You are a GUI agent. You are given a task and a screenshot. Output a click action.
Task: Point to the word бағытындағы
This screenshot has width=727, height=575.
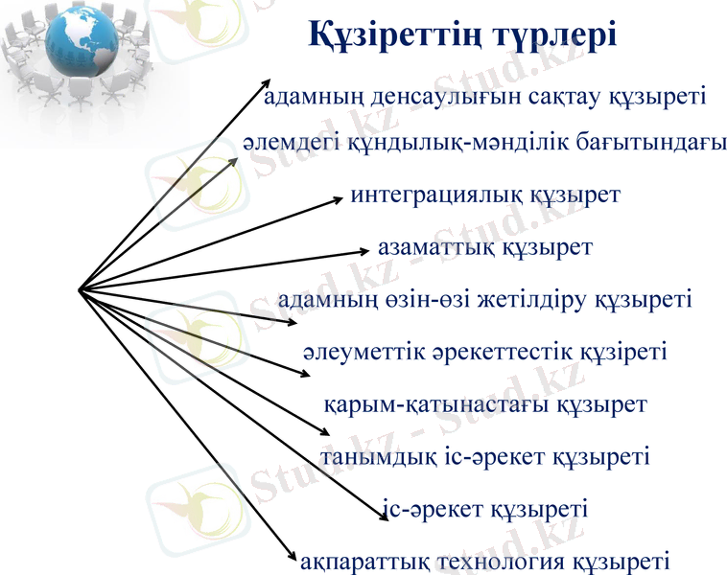pyautogui.click(x=652, y=143)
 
